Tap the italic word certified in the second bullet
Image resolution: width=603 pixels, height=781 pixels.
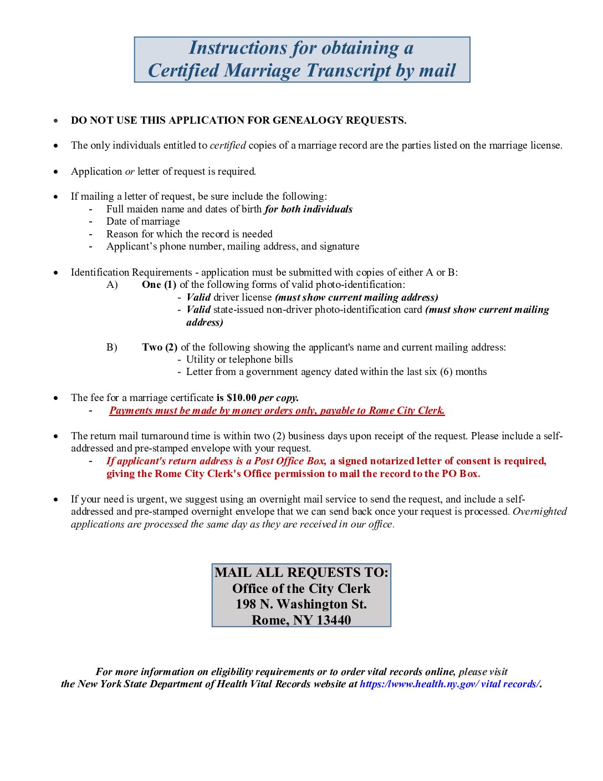[x=228, y=145]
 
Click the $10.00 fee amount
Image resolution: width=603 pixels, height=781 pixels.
[x=242, y=398]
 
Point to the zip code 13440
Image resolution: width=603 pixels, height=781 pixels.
[x=334, y=620]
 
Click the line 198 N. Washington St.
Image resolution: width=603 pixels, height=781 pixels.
[x=301, y=604]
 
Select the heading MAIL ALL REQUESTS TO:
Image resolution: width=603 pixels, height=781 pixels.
[x=301, y=572]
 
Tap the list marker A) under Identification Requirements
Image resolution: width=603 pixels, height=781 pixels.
[x=113, y=285]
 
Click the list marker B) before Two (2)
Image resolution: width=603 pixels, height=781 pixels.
[x=112, y=347]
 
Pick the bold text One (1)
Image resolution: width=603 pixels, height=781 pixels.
[x=159, y=285]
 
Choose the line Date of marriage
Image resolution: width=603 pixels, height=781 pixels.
[x=143, y=221]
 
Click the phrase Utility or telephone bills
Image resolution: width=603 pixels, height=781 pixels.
[x=239, y=359]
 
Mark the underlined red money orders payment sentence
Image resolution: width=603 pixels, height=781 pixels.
[x=277, y=410]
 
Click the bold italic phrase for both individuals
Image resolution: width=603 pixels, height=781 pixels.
[x=308, y=209]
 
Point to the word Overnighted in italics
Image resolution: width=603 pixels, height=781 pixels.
[x=539, y=511]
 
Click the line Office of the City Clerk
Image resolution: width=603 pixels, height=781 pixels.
[x=301, y=589]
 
